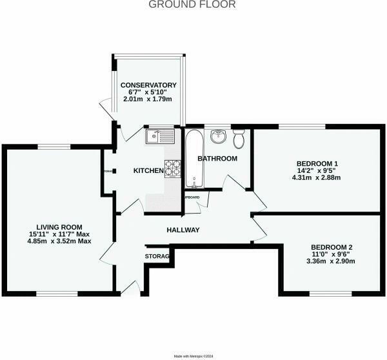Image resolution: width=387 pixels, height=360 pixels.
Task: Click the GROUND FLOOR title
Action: click(x=193, y=5)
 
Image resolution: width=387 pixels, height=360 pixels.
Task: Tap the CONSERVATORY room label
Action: click(x=148, y=85)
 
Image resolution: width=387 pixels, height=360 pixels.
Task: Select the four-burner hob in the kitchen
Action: click(x=172, y=168)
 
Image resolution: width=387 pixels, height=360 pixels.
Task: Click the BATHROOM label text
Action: click(x=217, y=159)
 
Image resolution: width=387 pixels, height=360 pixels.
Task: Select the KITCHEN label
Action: click(x=148, y=171)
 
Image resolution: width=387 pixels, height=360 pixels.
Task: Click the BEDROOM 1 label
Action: click(x=317, y=163)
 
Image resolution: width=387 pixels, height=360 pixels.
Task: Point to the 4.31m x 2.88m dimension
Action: click(x=317, y=177)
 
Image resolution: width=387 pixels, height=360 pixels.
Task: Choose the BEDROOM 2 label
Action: click(x=332, y=247)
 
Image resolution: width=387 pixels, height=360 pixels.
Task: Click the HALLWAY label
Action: click(x=183, y=230)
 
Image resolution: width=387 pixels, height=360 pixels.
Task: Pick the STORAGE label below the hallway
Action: click(x=157, y=257)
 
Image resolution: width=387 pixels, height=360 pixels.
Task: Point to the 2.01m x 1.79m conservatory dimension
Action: click(x=148, y=100)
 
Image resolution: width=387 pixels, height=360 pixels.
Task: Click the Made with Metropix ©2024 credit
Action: click(x=193, y=356)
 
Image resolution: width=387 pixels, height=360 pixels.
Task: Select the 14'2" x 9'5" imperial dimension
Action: click(x=317, y=170)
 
